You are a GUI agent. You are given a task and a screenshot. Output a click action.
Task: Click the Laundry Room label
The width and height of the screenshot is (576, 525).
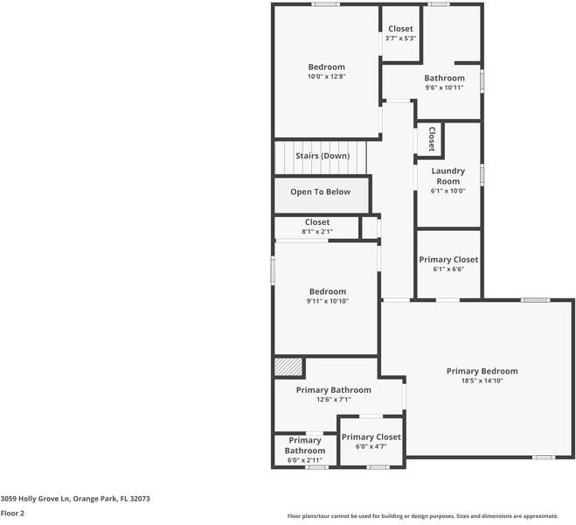tap(448, 176)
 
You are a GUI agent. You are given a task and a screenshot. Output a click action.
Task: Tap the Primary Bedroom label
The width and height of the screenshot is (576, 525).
tap(482, 371)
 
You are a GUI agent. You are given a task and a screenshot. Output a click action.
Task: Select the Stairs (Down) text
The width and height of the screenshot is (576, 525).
tap(322, 156)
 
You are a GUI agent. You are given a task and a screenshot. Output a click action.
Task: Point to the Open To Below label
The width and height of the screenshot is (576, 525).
tap(321, 192)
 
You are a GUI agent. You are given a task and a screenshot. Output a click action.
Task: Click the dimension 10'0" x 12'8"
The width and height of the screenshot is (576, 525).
tap(326, 77)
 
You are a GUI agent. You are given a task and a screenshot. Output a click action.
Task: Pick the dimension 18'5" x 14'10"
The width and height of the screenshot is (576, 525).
tap(482, 381)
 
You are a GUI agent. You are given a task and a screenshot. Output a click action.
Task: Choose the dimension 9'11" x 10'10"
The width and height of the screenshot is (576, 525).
tap(327, 301)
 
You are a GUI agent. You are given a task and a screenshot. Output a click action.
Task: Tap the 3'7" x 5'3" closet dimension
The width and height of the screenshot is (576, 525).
tap(400, 38)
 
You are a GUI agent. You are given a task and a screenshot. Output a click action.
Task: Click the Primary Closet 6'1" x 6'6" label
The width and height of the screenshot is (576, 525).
tap(448, 260)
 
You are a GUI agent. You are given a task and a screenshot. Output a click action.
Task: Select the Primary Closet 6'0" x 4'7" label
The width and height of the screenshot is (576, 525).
tap(371, 437)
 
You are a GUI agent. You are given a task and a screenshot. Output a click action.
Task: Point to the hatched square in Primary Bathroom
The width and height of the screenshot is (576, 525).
tap(288, 367)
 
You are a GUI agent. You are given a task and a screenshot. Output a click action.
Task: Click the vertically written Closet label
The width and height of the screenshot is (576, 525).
tap(431, 139)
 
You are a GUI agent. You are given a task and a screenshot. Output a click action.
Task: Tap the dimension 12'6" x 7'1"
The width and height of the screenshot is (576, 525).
tap(333, 400)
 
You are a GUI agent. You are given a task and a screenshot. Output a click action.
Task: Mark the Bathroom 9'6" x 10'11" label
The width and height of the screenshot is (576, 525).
tap(444, 78)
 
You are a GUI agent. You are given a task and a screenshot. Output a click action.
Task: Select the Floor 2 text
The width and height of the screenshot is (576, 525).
tap(12, 514)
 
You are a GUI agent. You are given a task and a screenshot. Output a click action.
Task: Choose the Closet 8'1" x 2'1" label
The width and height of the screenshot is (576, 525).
tap(316, 222)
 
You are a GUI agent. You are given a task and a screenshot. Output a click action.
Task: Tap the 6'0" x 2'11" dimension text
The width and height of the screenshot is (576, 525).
tap(304, 460)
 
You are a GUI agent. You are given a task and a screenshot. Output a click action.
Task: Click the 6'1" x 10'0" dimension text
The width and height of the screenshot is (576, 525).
tap(448, 191)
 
